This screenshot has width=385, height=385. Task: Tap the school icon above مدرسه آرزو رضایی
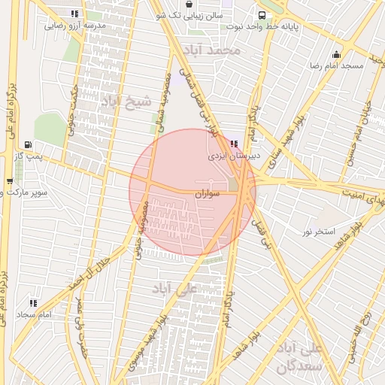click(73, 14)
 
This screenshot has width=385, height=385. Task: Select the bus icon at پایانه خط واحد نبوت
click(260, 14)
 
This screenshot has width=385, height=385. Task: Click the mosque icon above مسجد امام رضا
click(335, 54)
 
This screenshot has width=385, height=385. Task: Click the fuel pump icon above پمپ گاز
click(29, 144)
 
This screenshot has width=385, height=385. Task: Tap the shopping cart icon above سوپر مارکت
click(9, 181)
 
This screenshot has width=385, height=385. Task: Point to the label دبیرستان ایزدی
click(234, 159)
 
